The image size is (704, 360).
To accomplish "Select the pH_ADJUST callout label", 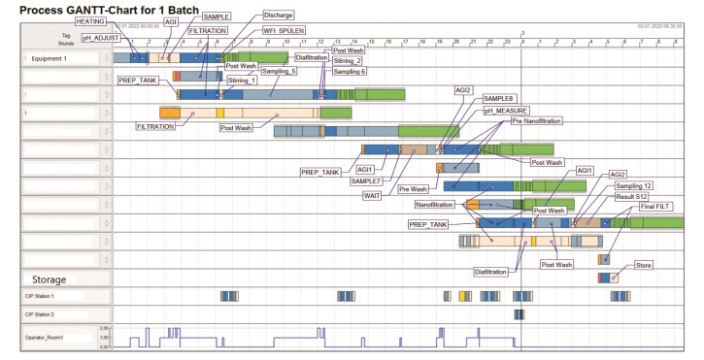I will [x=100, y=36].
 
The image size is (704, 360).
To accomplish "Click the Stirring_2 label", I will [x=351, y=60].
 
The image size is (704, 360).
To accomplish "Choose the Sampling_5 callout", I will [x=279, y=71].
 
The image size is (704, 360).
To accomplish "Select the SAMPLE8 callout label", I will [x=501, y=100].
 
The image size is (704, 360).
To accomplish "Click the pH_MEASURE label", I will [x=509, y=112].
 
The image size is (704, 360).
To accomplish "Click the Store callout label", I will [x=643, y=264].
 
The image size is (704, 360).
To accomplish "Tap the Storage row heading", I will [x=49, y=279].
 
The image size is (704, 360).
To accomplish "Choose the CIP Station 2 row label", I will [x=40, y=315].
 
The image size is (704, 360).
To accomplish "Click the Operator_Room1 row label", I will [x=44, y=337].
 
